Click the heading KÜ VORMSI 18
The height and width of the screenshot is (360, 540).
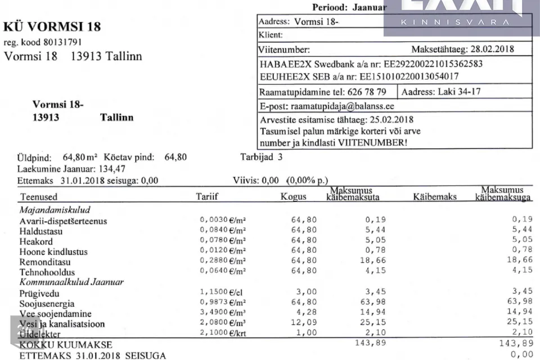(52, 27)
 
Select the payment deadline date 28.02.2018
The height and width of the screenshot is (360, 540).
(488, 49)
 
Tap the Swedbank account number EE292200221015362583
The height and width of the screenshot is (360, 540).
(419, 64)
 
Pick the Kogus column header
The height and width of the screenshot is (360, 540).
(293, 197)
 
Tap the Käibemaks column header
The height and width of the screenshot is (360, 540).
(434, 197)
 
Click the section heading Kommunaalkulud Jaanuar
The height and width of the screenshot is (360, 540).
(71, 282)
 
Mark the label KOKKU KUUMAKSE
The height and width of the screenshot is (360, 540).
(66, 344)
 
